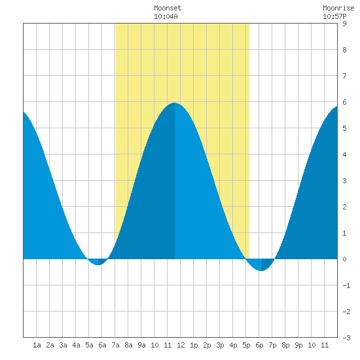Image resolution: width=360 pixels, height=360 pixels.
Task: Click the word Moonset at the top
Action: (168, 8)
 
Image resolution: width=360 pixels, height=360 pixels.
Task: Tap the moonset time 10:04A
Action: (166, 16)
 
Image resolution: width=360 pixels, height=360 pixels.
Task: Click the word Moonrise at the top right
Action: (338, 8)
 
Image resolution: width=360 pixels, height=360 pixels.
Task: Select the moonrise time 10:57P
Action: (334, 16)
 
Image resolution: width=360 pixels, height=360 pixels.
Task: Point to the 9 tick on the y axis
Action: (344, 24)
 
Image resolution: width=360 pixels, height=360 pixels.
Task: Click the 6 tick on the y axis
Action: (344, 102)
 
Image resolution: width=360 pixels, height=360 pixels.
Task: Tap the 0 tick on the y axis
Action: (344, 259)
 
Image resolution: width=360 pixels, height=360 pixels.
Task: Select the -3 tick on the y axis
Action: (346, 338)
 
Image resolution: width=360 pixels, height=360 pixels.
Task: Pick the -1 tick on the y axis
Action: (346, 285)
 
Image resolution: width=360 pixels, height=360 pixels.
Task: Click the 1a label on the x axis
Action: (37, 345)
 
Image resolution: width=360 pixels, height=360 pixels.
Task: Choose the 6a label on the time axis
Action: (102, 345)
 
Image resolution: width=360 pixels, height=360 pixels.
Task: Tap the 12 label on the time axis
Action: (181, 345)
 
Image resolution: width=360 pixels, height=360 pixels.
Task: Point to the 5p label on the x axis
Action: (246, 345)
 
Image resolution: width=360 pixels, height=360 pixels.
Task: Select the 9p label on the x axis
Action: (298, 345)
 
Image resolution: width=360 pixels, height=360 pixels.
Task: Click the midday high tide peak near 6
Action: (175, 103)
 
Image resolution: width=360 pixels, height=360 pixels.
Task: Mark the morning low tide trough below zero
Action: (98, 264)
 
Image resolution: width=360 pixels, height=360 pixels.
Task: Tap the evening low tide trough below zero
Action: (262, 270)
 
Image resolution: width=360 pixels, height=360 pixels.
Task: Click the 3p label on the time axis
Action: (220, 345)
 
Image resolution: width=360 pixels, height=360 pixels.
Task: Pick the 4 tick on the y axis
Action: (344, 154)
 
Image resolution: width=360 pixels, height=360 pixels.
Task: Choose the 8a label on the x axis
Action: (128, 345)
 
